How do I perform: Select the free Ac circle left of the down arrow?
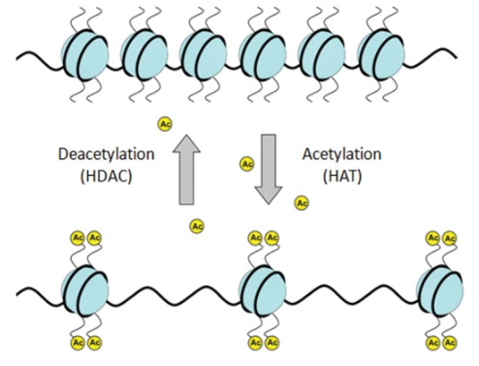point(246,164)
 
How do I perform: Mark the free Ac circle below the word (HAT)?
point(302,203)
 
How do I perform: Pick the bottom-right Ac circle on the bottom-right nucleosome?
point(449,343)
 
